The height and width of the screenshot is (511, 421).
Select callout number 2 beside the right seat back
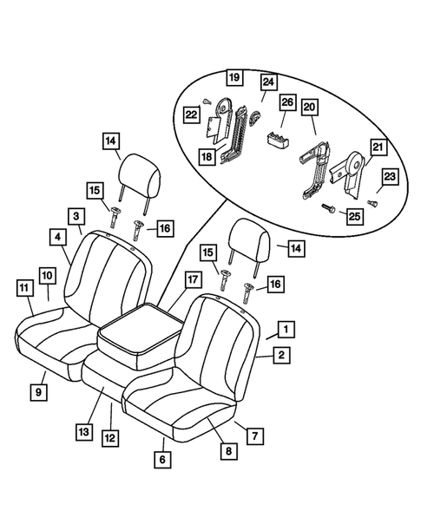pos(282,354)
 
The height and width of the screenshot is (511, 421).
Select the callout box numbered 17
pos(191,280)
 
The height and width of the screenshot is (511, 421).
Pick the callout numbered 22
pos(190,114)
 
